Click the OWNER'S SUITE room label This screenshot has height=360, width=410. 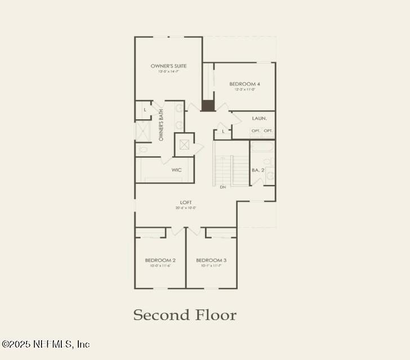point(168,66)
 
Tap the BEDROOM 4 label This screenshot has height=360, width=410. point(244,84)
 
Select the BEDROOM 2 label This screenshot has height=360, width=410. point(161,260)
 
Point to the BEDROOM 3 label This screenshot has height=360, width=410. point(211,260)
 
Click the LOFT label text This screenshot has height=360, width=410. point(186,202)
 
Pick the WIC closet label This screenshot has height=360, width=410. point(176,169)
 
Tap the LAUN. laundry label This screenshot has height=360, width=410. point(259,119)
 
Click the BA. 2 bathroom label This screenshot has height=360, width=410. point(257,170)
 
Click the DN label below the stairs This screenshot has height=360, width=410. point(223,187)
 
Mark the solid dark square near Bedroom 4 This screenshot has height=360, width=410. point(208,105)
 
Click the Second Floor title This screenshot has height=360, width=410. point(185,315)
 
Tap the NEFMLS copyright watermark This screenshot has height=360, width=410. point(46,344)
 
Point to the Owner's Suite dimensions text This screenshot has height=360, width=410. point(168,71)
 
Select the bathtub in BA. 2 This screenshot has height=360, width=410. point(262,147)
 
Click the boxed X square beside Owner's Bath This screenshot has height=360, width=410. point(184,144)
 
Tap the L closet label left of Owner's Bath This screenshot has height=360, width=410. point(145,110)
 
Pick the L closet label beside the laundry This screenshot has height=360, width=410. point(223,131)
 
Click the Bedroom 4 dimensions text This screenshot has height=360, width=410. point(244,89)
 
